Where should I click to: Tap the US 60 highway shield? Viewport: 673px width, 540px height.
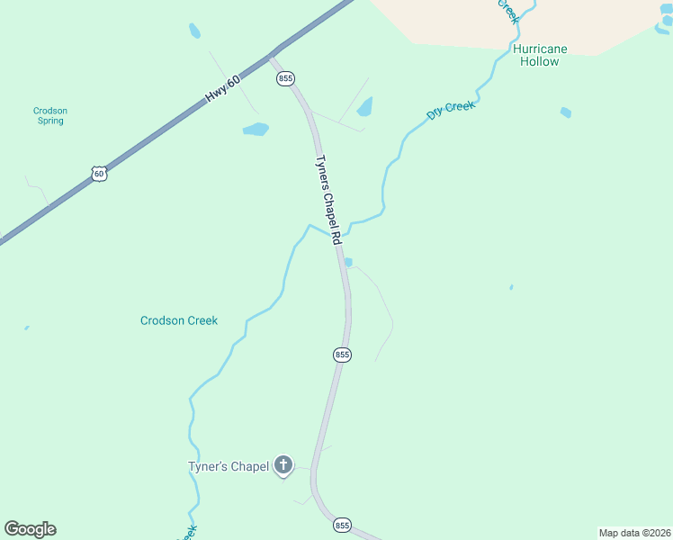[x=99, y=174]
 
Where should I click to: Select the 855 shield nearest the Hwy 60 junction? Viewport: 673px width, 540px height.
[x=285, y=78]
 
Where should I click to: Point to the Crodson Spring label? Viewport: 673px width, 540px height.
[x=50, y=116]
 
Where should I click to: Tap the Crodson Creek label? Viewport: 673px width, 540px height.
[x=179, y=320]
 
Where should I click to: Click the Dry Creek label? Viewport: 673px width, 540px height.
[x=450, y=110]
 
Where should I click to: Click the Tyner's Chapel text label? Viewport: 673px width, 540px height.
[x=229, y=466]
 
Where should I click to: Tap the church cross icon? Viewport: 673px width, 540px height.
[x=283, y=465]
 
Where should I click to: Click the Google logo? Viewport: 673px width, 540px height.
[x=30, y=529]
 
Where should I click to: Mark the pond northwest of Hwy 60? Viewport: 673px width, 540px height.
[x=194, y=31]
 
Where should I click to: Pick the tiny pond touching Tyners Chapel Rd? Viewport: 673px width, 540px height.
[x=347, y=263]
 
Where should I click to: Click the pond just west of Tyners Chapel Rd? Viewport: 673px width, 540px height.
[x=256, y=130]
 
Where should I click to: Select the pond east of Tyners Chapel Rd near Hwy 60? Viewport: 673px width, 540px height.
[x=364, y=108]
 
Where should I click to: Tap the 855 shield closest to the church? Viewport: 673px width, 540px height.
[x=342, y=525]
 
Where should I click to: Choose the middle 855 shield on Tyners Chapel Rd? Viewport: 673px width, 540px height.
[x=342, y=355]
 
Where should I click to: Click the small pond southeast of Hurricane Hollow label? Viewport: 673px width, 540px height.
[x=565, y=112]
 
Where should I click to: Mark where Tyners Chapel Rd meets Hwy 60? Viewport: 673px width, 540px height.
[x=271, y=56]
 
